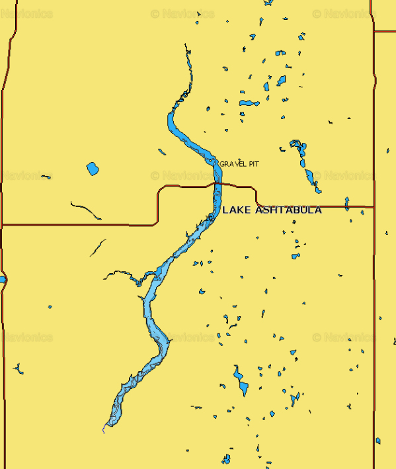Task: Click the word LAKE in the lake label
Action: point(235,210)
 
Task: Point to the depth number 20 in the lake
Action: point(209,218)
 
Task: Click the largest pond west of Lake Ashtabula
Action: point(92,169)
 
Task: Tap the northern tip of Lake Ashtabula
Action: point(186,46)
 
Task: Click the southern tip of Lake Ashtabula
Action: point(104,431)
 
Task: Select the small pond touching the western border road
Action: point(2,280)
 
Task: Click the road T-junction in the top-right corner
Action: point(374,31)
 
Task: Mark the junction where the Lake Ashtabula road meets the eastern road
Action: point(374,207)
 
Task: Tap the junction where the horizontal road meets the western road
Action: point(3,225)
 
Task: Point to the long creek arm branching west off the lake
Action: point(122,273)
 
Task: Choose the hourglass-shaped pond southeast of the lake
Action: point(239,381)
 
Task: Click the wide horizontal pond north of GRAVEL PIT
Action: point(249,103)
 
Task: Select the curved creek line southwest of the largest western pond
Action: point(86,210)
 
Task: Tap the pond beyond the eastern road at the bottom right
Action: point(378,441)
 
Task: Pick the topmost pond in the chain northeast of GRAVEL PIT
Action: point(296,144)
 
